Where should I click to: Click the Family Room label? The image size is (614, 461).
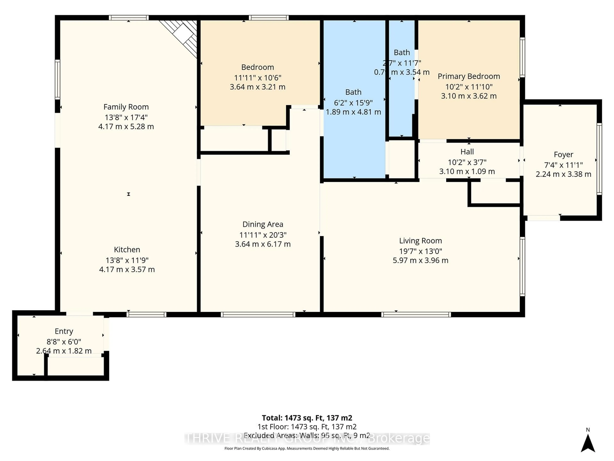(x=126, y=107)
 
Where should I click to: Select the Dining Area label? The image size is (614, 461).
(x=263, y=224)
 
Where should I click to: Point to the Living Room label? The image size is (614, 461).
(x=420, y=241)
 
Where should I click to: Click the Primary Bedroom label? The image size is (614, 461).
(x=468, y=76)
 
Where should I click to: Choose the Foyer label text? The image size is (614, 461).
(x=563, y=154)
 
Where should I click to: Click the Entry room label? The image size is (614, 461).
(x=64, y=331)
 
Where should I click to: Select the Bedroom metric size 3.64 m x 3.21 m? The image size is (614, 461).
(x=257, y=87)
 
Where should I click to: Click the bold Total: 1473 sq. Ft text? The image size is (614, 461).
(x=307, y=418)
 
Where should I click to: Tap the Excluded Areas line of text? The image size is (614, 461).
(x=307, y=435)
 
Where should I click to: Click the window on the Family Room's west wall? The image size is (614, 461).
(x=57, y=79)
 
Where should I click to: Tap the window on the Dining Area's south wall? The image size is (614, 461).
(x=258, y=315)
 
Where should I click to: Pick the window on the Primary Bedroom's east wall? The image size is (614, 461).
(x=522, y=57)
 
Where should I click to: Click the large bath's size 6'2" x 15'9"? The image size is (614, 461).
(x=353, y=103)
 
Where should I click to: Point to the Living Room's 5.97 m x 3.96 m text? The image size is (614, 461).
(x=420, y=260)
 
